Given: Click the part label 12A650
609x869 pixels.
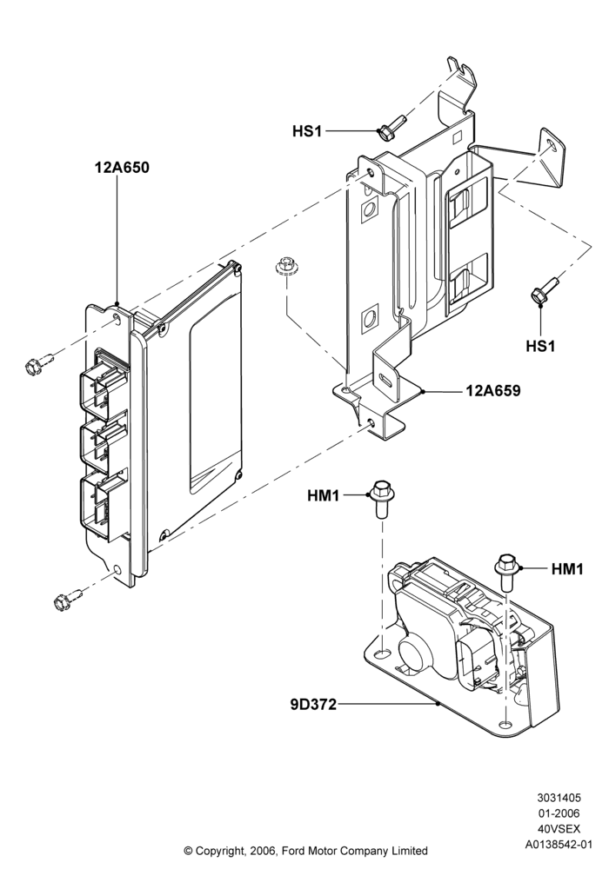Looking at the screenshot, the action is point(122,168).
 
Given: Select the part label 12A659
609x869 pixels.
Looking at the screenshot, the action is point(493,391).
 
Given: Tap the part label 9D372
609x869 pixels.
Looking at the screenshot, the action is point(313,705).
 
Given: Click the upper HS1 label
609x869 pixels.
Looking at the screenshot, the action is point(307,131).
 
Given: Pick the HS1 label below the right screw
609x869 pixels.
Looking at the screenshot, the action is point(540,346).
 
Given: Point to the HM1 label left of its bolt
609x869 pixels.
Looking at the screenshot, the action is point(324,495).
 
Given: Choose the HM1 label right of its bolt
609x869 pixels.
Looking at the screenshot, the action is point(567,568).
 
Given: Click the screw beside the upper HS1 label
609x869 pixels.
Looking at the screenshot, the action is point(391,127).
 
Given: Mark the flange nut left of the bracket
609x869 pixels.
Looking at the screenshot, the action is point(285,266).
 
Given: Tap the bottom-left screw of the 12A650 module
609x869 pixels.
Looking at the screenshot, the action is point(69,598).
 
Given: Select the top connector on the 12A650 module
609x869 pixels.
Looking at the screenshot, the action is point(104,382).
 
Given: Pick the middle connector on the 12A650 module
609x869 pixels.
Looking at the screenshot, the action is point(104,443).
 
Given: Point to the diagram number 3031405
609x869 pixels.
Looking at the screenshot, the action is point(559,798).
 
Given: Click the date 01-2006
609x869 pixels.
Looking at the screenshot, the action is point(559,813).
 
